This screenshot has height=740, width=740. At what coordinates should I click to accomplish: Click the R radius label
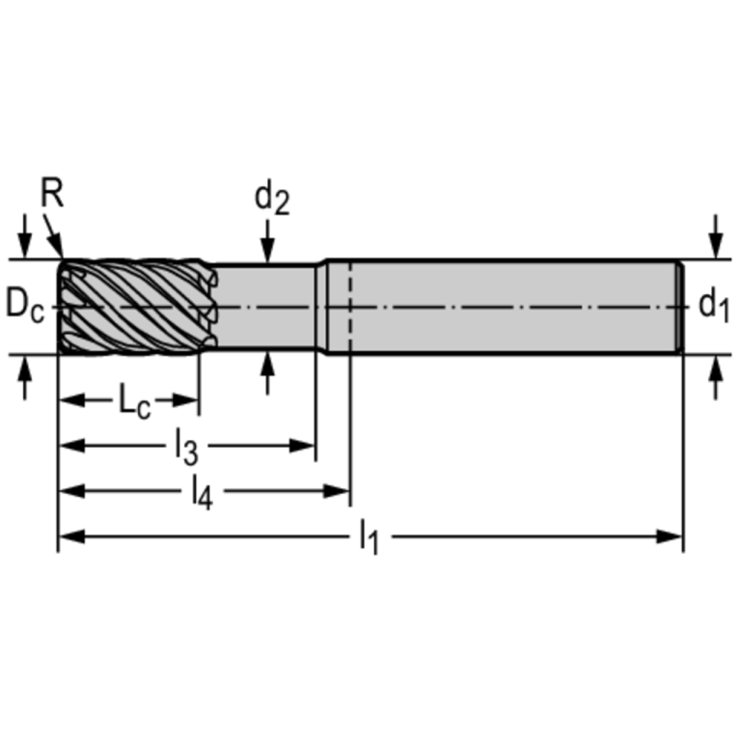pos(52,193)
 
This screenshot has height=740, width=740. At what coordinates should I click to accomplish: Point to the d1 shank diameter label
pos(714,307)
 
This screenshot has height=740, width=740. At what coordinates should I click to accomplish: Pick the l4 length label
pos(201,492)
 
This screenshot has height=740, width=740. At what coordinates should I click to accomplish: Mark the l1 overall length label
pos(369,537)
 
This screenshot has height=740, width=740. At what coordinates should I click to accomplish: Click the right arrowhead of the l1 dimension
pos(672,535)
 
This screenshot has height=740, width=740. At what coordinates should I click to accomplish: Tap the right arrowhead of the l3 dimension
pos(306,446)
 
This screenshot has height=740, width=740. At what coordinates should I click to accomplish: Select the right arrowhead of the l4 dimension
pos(339,491)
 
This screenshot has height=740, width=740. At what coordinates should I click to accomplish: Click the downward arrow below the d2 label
pos(268,246)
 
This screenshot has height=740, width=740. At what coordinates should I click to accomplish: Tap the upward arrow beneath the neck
pos(268,371)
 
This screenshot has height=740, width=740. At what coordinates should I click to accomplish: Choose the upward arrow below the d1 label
pos(715,376)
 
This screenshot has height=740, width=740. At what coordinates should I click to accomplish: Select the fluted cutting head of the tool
pos(135,307)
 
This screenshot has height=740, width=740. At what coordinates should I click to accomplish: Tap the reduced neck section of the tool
pos(265,307)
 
